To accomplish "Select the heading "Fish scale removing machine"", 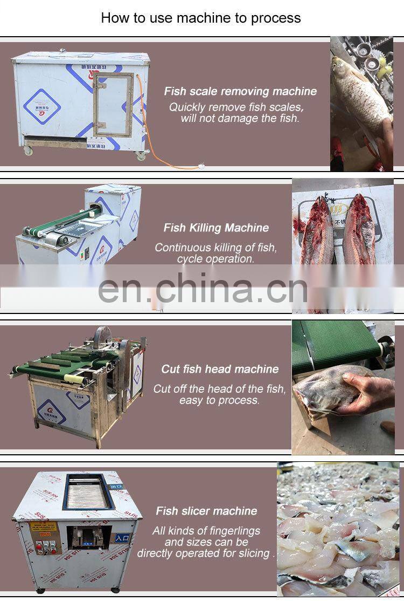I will click(240, 91).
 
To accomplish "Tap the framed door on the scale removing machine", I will click(113, 105).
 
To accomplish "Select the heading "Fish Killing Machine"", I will click(216, 228).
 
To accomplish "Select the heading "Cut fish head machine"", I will click(220, 370).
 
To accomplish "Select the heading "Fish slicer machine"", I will click(206, 511).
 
